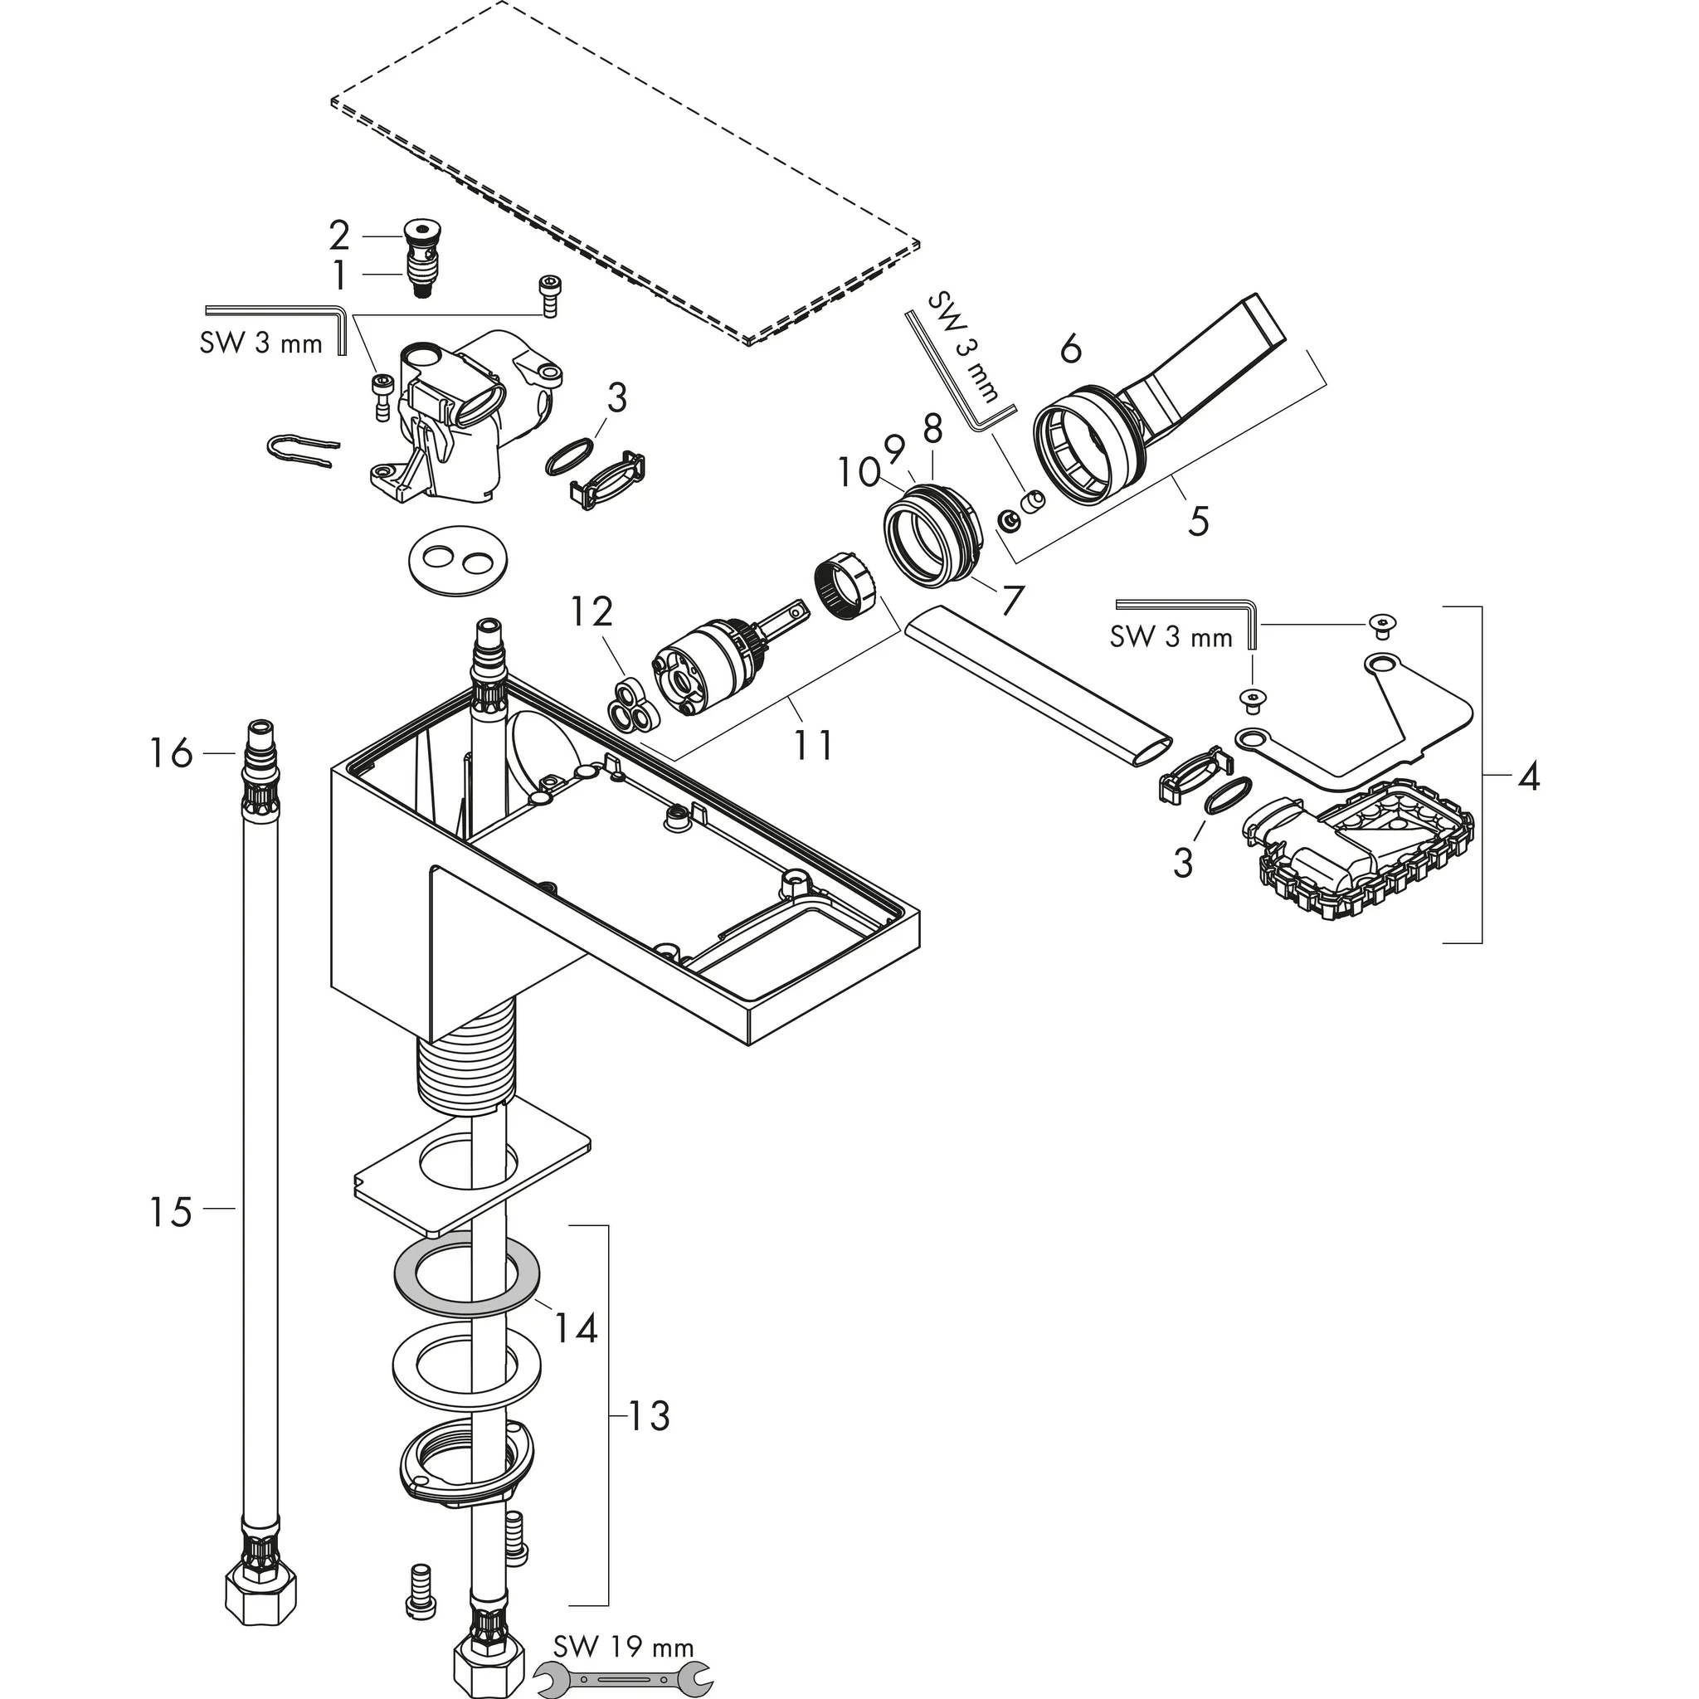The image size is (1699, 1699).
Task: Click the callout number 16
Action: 171,753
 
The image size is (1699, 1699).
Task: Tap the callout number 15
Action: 171,1213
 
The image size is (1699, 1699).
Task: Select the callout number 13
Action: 649,1417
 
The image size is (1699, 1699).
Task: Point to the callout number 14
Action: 575,1329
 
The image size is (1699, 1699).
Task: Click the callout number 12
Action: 590,611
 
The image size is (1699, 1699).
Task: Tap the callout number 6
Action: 1070,350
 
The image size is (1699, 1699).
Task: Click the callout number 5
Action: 1198,521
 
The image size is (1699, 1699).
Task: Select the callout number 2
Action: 339,236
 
